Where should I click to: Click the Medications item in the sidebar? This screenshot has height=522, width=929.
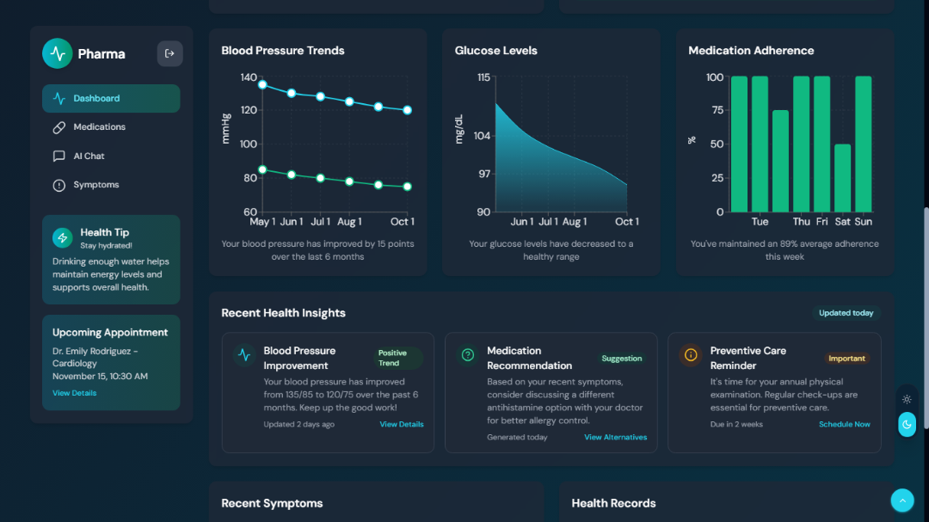(99, 127)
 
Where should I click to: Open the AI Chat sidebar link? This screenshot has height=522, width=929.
(89, 157)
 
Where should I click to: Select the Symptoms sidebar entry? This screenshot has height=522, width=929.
(95, 185)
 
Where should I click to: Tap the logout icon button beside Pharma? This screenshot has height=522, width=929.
(169, 53)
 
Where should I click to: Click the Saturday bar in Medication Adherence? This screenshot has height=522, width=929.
(842, 178)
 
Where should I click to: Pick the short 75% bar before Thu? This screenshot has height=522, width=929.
(780, 161)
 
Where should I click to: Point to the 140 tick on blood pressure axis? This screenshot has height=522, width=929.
(248, 77)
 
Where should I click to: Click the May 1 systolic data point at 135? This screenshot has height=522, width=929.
(262, 84)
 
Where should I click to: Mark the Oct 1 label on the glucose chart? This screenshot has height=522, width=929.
(626, 222)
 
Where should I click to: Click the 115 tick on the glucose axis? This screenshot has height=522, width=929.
(483, 77)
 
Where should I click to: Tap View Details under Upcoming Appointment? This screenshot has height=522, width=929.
(74, 393)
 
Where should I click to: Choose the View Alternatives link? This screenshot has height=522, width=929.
(615, 438)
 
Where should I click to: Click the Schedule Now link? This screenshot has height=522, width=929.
(844, 425)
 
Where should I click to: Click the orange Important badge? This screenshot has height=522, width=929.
(846, 359)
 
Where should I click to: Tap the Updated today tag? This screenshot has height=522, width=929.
(846, 313)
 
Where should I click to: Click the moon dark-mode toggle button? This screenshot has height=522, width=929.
(907, 424)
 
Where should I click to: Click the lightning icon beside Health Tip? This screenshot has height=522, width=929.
(62, 237)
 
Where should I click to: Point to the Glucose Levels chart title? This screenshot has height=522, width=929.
(495, 51)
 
